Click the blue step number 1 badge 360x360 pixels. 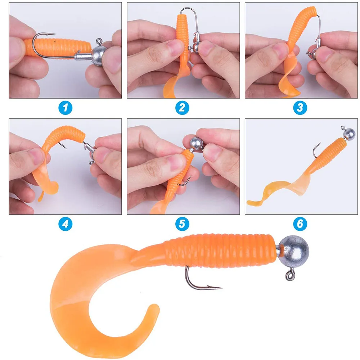pos(65,107)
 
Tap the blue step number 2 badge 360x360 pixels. pos(183,107)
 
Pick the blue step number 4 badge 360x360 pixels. pos(65,224)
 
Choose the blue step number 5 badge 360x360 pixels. pos(183,224)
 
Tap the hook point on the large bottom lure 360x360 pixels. pos(220,287)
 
